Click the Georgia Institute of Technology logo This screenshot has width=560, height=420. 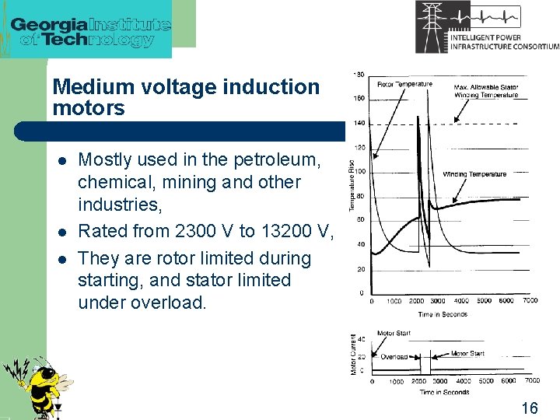(x=90, y=30)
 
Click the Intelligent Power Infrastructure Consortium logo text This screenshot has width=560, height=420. (x=503, y=41)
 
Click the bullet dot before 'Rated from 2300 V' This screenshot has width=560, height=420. (x=61, y=232)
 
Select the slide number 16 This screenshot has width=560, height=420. (x=529, y=408)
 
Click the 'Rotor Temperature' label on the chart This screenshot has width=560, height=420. (x=404, y=84)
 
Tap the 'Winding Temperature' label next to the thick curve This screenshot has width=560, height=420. (x=474, y=174)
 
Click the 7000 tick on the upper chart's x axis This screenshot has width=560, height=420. (x=529, y=301)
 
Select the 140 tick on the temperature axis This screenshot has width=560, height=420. (x=359, y=124)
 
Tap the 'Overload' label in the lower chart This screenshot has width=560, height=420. (x=394, y=357)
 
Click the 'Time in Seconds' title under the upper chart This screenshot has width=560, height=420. (x=443, y=314)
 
